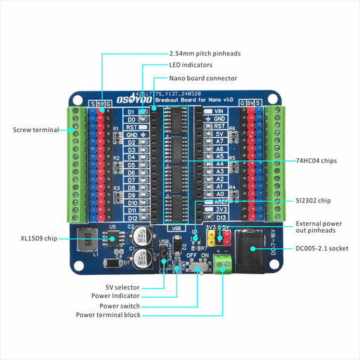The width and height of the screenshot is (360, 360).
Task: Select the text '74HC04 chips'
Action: pyautogui.click(x=316, y=161)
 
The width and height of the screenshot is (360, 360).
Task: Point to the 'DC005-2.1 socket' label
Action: pyautogui.click(x=321, y=248)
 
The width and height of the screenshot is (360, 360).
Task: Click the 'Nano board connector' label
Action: pyautogui.click(x=203, y=78)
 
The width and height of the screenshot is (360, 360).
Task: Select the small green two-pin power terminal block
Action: pyautogui.click(x=224, y=265)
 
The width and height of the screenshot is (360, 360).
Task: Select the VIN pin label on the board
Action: pyautogui.click(x=219, y=111)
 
